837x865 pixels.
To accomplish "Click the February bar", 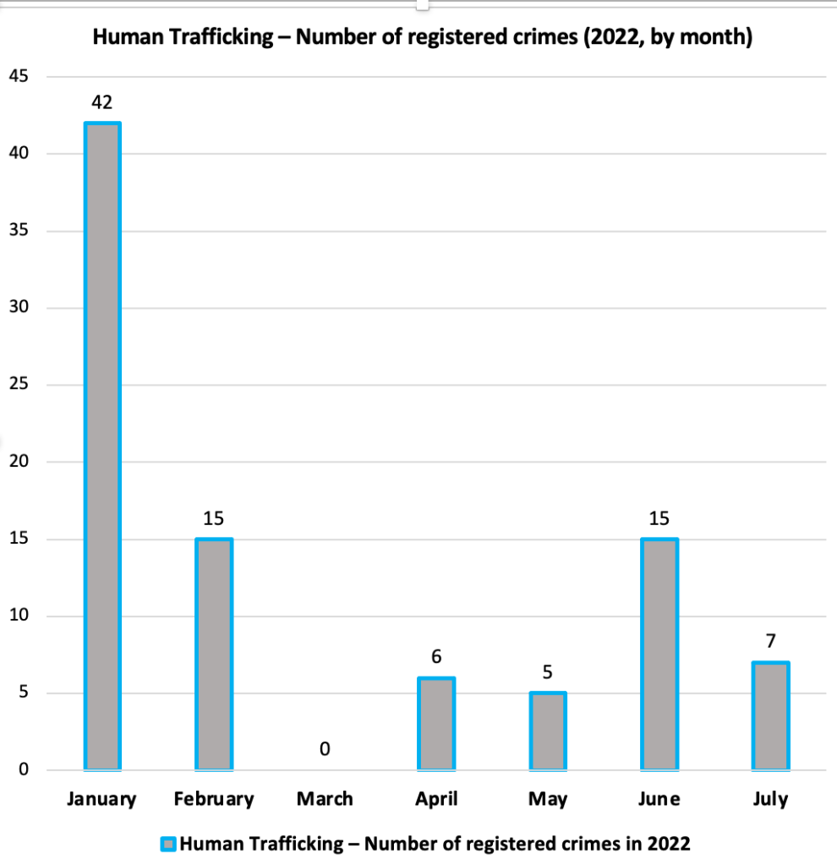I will coord(214,654).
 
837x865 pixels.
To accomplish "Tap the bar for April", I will coord(436,724).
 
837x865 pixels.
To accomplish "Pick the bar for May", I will coord(547,731).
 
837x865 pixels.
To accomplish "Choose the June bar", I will coord(659,654).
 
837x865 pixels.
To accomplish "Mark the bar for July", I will coord(770,716).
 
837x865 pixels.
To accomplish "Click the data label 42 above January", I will coord(102,102).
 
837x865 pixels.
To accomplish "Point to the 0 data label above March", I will coord(325,749).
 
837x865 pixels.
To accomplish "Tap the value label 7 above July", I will coord(770,641).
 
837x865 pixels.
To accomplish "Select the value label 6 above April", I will coord(436,656).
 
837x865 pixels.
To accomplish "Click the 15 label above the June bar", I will coord(659,517).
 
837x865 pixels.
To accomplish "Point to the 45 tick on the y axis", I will coord(19,77).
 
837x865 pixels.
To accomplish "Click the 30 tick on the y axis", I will coord(19,308).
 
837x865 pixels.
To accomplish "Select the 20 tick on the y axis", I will coord(19,463).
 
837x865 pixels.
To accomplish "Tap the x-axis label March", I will coord(325,799).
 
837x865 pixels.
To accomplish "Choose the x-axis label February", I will coord(214,799).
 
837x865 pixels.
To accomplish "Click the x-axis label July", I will coord(770,799).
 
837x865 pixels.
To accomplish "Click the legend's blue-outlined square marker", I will coord(167,843).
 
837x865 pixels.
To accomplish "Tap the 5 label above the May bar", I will coord(547,672).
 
